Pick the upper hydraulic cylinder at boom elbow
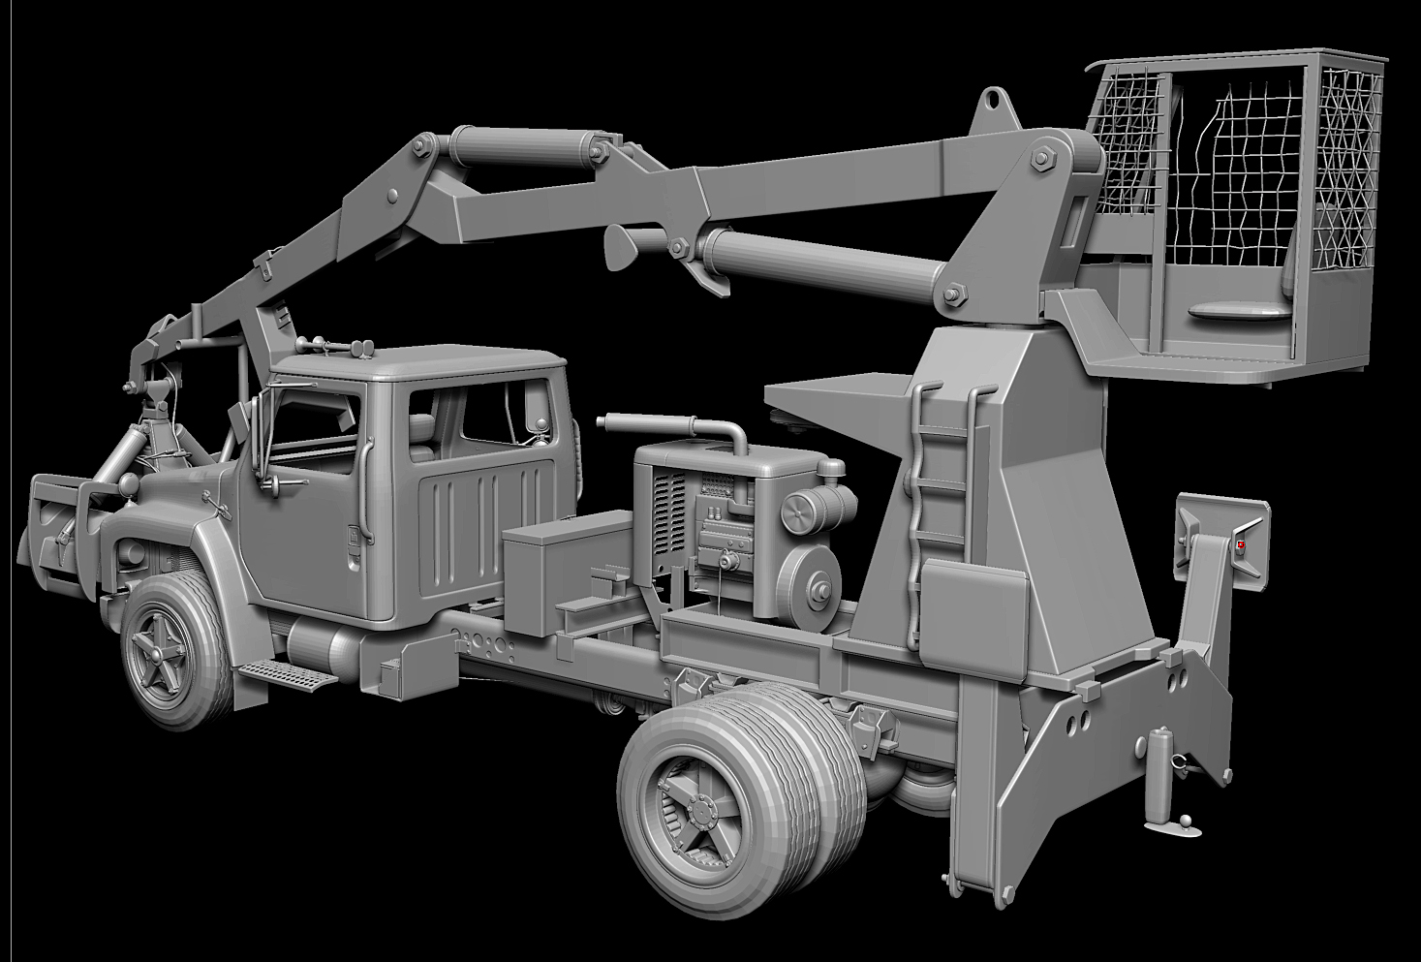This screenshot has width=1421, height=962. tap(523, 146)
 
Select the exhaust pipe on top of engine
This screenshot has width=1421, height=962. tap(668, 423)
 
